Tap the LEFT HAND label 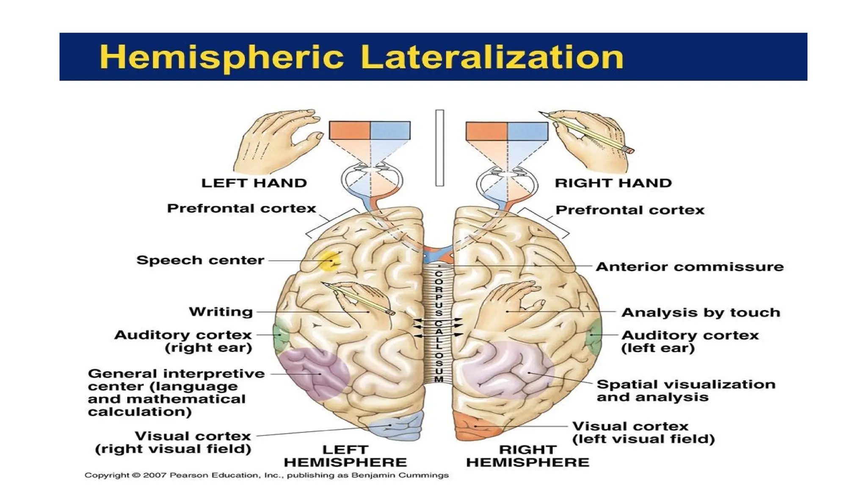pyautogui.click(x=254, y=183)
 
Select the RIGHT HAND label pyautogui.click(x=613, y=183)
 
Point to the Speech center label pyautogui.click(x=200, y=260)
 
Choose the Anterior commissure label pyautogui.click(x=690, y=266)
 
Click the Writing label pyautogui.click(x=221, y=312)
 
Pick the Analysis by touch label pyautogui.click(x=701, y=313)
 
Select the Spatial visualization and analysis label pyautogui.click(x=686, y=391)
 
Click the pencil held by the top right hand pyautogui.click(x=588, y=132)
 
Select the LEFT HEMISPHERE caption pyautogui.click(x=345, y=456)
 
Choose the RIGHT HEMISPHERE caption pyautogui.click(x=527, y=456)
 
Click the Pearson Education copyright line pyautogui.click(x=266, y=475)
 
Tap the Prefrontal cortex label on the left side pyautogui.click(x=241, y=208)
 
